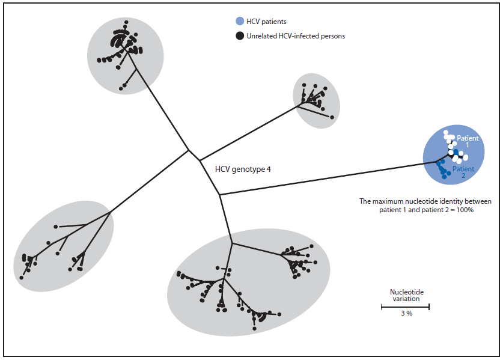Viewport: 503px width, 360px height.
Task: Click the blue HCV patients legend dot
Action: click(239, 22)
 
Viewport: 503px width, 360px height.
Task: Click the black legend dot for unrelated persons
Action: click(239, 36)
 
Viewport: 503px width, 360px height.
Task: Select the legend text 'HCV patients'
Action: click(267, 22)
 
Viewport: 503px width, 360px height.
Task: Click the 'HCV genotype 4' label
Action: click(243, 169)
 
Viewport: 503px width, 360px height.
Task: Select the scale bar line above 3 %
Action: click(405, 307)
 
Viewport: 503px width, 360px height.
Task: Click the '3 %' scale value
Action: click(405, 314)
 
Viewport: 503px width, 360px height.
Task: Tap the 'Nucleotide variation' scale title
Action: click(405, 295)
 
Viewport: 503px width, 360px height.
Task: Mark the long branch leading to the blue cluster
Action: click(325, 178)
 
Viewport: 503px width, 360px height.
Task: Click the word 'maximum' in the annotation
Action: click(392, 201)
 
